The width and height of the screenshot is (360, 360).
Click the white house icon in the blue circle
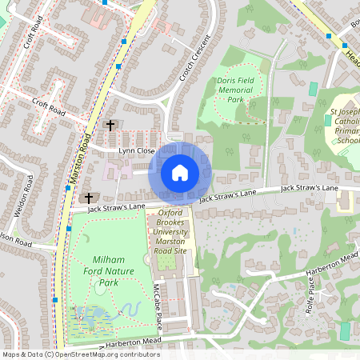[x=180, y=172]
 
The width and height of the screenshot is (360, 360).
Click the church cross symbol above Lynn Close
[x=110, y=126]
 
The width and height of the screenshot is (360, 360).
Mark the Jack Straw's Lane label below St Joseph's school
[x=309, y=187]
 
